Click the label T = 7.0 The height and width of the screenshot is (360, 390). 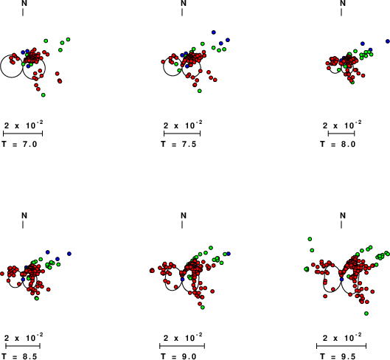click(x=19, y=144)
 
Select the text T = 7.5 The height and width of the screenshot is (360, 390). click(x=178, y=144)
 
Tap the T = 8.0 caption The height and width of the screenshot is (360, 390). click(x=338, y=144)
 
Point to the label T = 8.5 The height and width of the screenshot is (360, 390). click(x=19, y=356)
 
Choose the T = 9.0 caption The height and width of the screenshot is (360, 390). click(x=178, y=356)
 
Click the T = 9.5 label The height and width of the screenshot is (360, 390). click(x=338, y=356)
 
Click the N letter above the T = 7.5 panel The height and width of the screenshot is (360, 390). click(x=184, y=3)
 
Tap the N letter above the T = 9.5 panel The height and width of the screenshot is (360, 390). click(x=343, y=215)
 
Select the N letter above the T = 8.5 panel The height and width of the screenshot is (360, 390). click(x=24, y=215)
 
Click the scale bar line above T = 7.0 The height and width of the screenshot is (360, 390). click(x=23, y=134)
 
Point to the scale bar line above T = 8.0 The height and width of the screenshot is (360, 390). click(x=341, y=134)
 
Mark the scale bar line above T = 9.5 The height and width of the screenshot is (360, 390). click(x=341, y=346)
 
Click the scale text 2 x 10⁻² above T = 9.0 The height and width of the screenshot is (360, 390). click(x=183, y=337)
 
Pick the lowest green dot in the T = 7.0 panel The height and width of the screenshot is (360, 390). click(x=43, y=95)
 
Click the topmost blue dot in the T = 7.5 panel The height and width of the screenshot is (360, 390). click(x=213, y=32)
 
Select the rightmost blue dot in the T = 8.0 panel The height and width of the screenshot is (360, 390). click(x=388, y=41)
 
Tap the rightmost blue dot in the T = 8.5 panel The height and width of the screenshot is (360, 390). click(x=69, y=254)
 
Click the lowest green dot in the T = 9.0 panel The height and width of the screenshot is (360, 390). click(x=203, y=308)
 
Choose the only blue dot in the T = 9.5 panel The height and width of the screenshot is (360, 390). click(x=341, y=280)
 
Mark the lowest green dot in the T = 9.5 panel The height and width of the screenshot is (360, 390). click(x=366, y=314)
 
